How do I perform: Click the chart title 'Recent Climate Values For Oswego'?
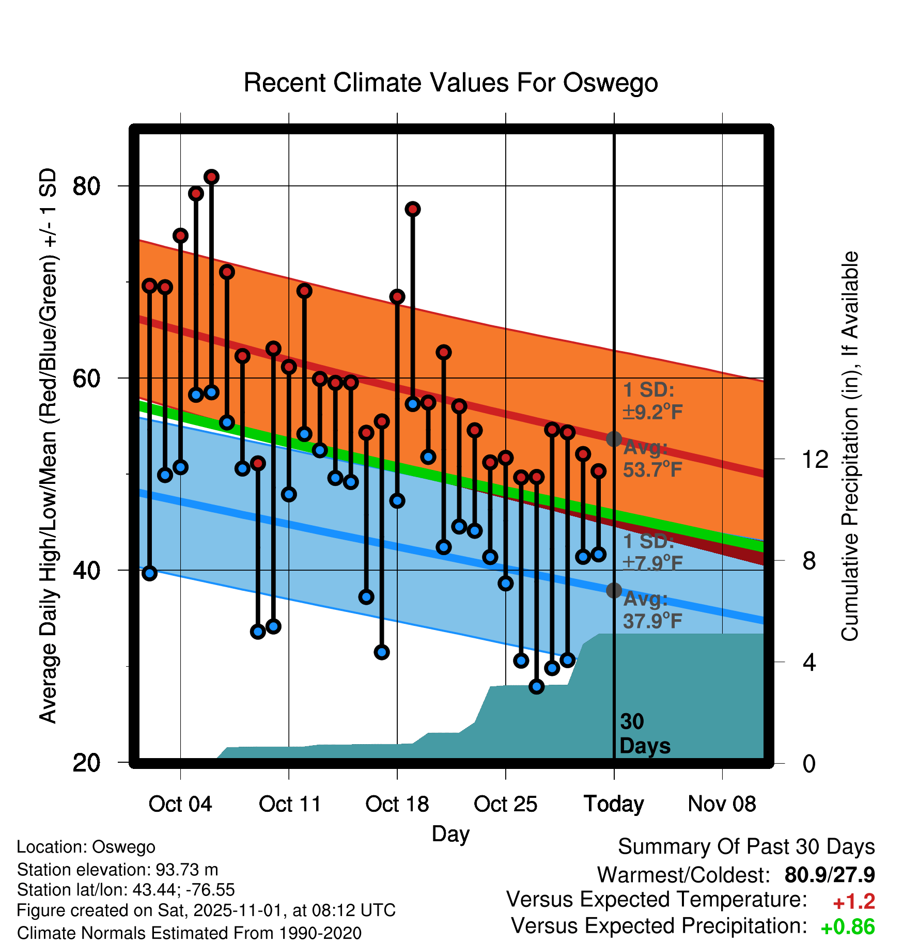point(450,83)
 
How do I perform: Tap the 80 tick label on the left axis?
point(86,186)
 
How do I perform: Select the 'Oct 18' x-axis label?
point(397,804)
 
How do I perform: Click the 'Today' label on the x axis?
point(614,804)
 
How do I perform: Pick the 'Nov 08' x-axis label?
point(722,804)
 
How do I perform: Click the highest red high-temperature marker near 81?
point(211,177)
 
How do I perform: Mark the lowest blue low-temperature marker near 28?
point(536,686)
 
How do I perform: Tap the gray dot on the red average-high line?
point(614,439)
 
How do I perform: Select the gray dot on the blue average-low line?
point(614,590)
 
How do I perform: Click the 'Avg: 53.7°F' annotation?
point(652,459)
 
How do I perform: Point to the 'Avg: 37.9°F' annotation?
point(652,610)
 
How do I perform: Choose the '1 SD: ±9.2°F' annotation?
point(652,401)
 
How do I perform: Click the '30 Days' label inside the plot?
point(644,734)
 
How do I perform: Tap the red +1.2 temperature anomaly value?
point(853,902)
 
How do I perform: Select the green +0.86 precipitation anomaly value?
point(847,927)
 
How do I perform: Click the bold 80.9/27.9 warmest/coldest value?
point(829,875)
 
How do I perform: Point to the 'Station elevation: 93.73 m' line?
point(118,870)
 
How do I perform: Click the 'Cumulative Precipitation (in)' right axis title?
point(850,446)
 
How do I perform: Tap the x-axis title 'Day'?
point(450,833)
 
